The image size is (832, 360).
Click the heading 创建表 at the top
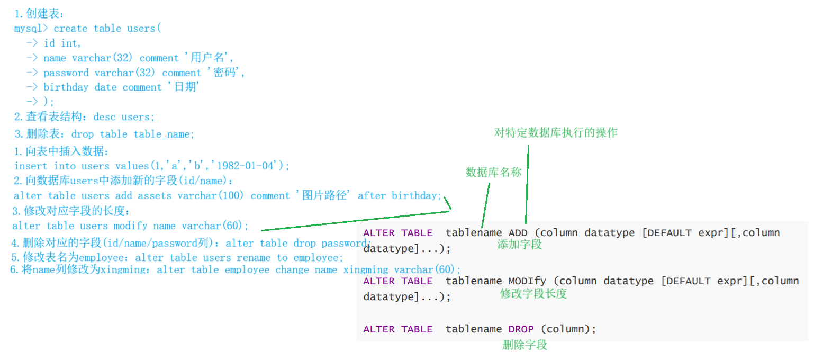click(x=44, y=14)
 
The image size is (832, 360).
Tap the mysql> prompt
click(x=31, y=29)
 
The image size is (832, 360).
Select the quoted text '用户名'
click(x=209, y=58)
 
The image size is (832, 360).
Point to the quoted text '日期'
click(x=184, y=87)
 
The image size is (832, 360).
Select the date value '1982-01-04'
click(x=245, y=166)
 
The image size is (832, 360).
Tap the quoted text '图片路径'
click(x=324, y=195)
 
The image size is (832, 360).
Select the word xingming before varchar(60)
click(x=366, y=270)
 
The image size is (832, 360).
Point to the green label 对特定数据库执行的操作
click(x=556, y=132)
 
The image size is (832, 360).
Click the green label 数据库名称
click(x=493, y=172)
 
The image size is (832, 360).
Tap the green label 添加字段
click(x=519, y=244)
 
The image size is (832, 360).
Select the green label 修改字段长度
click(x=533, y=293)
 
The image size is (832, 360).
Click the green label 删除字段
click(x=524, y=345)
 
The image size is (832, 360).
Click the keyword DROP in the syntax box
click(x=521, y=329)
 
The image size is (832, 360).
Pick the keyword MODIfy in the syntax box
click(x=527, y=281)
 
